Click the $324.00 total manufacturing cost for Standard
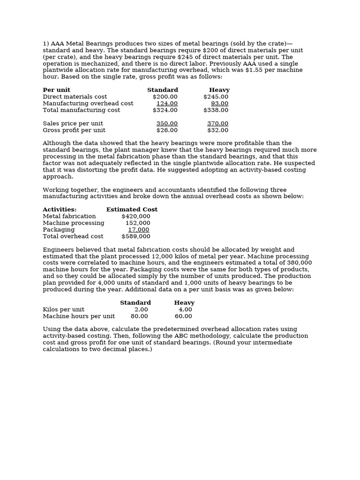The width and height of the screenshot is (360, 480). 165,110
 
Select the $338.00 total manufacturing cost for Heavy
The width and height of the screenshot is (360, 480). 216,110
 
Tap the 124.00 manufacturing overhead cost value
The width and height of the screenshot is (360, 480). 167,104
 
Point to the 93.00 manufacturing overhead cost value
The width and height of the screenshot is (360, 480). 219,104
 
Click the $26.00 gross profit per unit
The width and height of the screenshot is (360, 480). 167,130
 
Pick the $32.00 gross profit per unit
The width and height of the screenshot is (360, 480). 217,130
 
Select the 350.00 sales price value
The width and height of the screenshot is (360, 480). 167,124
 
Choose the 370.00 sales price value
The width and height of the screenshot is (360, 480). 217,124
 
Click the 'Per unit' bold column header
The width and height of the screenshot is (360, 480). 56,90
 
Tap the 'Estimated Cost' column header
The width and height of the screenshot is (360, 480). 132,210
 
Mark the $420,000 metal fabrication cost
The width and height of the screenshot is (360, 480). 136,216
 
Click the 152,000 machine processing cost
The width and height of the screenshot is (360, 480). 138,223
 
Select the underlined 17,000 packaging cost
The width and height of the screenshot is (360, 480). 139,230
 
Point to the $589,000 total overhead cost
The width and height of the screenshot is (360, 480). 136,237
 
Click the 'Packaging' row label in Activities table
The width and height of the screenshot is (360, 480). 59,230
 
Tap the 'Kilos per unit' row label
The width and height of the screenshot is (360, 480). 63,310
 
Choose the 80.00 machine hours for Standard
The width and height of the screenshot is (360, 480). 139,316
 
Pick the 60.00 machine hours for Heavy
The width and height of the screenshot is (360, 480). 183,316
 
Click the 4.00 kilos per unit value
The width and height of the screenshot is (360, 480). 185,310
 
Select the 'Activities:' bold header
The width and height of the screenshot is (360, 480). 60,210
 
